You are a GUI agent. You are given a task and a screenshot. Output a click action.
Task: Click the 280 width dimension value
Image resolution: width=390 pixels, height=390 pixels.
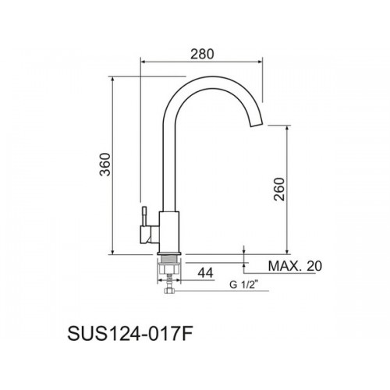tap(202, 54)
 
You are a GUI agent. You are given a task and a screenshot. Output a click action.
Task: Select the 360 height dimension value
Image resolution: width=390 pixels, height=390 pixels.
tap(105, 165)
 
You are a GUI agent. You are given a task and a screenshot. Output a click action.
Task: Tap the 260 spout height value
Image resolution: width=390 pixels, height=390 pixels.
tap(279, 189)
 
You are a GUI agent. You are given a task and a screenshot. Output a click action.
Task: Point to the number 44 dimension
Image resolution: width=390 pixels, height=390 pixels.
tap(205, 273)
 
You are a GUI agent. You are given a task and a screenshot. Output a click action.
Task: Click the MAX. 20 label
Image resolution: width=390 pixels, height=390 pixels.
tap(295, 266)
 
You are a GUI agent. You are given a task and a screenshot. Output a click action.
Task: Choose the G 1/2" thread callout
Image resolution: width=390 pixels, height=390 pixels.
tap(243, 285)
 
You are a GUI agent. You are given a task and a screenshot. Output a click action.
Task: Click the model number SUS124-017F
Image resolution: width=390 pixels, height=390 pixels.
tap(129, 335)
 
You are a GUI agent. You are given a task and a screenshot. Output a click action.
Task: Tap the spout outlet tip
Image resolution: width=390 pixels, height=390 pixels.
tap(257, 124)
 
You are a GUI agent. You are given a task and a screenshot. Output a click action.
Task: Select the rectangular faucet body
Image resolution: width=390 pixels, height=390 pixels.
tap(169, 232)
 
